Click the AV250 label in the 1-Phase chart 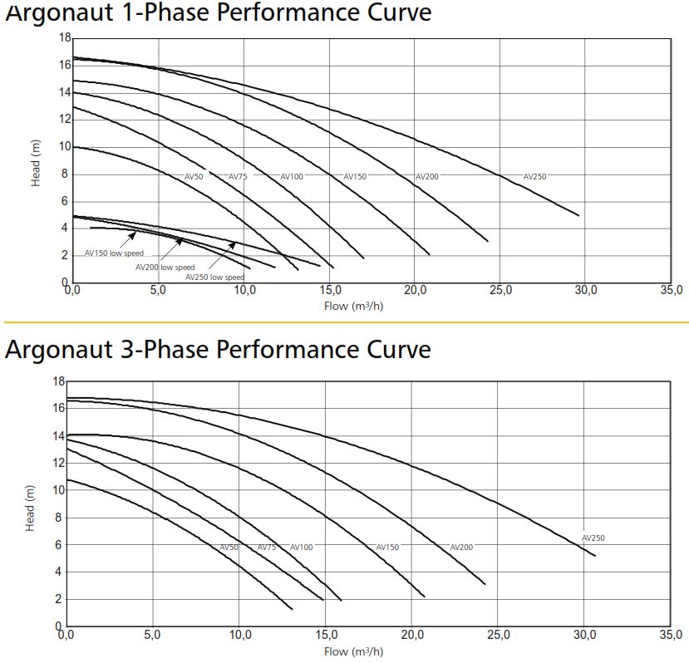(x=535, y=177)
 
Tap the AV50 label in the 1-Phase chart (x=194, y=177)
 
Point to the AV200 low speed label (x=165, y=268)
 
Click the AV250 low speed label (x=214, y=277)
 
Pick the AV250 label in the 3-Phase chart (x=593, y=538)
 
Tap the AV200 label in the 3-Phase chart (x=461, y=548)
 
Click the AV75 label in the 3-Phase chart (x=267, y=548)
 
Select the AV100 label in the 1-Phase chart (x=292, y=177)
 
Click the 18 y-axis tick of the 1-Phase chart (x=64, y=38)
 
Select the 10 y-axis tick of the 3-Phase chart (x=57, y=490)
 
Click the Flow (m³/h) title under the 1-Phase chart (x=353, y=306)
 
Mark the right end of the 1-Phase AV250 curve (x=578, y=215)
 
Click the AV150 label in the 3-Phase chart (x=387, y=548)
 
